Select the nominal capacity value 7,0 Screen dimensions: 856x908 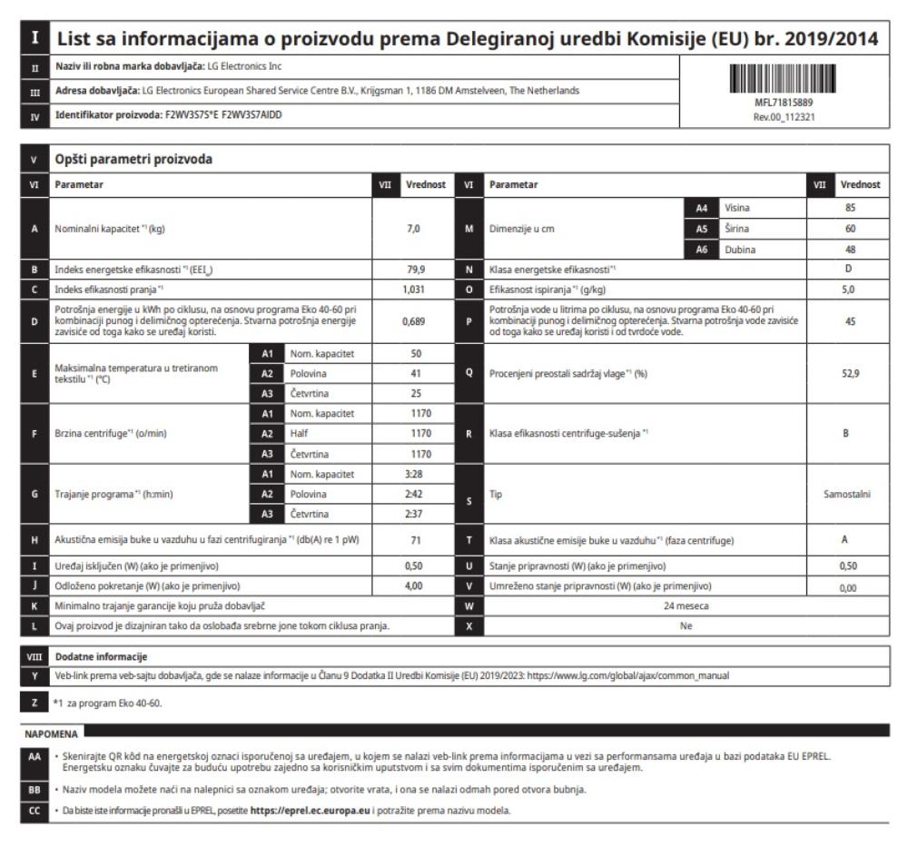tap(413, 230)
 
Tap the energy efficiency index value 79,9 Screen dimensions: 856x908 tap(413, 269)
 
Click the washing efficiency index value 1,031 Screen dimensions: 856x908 tap(413, 288)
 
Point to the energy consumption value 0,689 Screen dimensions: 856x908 tap(413, 320)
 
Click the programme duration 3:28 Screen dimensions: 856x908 tap(413, 474)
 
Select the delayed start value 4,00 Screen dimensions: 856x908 tap(413, 585)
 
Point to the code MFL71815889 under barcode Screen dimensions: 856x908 tap(782, 103)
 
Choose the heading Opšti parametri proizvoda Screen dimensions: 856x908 tap(133, 159)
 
